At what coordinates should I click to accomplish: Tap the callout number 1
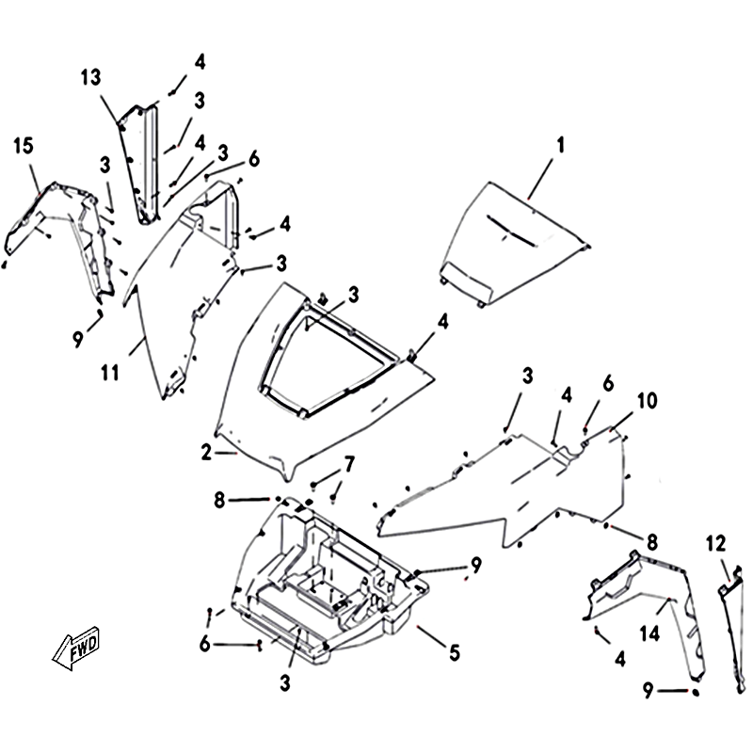[560, 146]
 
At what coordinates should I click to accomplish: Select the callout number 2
[206, 453]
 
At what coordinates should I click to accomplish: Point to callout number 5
[454, 651]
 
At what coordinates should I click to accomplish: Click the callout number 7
[349, 463]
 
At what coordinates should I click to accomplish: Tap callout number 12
[716, 543]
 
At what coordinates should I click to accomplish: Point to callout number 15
[24, 146]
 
